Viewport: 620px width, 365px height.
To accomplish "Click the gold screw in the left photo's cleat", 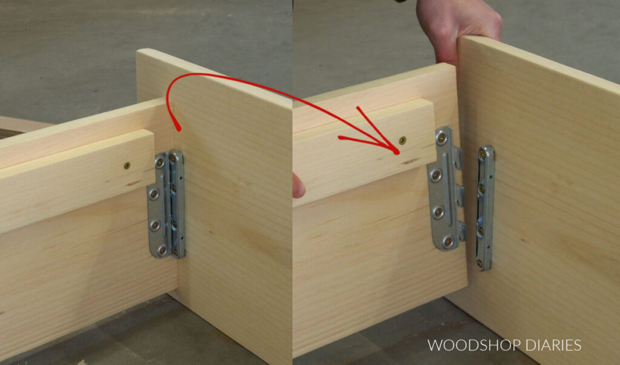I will (x=127, y=165).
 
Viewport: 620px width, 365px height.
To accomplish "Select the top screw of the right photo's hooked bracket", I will (x=444, y=139).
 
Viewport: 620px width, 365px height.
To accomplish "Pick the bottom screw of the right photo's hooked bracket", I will (x=448, y=242).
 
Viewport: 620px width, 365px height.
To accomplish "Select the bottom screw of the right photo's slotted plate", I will (x=480, y=263).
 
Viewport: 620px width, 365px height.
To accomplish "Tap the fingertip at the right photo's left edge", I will (x=298, y=185).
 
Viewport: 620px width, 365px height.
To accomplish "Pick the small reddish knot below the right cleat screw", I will (x=412, y=162).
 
